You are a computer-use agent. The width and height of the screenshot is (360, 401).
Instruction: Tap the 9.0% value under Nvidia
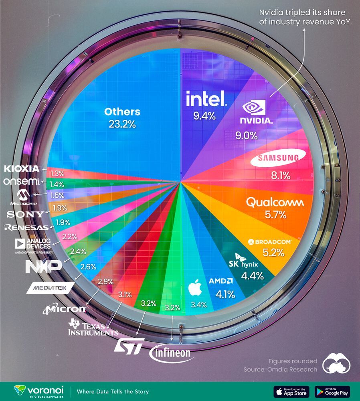point(246,136)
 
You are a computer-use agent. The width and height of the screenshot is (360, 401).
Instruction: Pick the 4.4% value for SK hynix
point(252,275)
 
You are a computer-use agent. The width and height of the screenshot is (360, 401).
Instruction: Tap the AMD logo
point(221,281)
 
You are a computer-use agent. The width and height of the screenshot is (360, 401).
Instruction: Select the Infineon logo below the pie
point(170,353)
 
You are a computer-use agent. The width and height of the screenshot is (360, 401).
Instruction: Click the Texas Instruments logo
point(93,328)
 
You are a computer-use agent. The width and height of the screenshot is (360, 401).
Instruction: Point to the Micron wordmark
point(65,309)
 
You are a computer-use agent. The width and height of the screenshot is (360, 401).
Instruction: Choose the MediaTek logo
point(50,288)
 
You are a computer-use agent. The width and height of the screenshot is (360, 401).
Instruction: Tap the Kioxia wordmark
point(22,168)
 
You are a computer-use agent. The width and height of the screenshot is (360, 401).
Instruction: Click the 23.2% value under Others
point(122,124)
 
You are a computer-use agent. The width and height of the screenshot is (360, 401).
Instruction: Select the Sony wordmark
point(25,214)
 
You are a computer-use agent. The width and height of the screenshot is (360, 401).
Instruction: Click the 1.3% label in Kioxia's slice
point(57,174)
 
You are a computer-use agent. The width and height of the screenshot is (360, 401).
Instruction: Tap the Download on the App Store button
point(291,391)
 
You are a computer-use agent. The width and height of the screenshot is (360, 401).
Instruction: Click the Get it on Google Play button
point(332,391)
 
